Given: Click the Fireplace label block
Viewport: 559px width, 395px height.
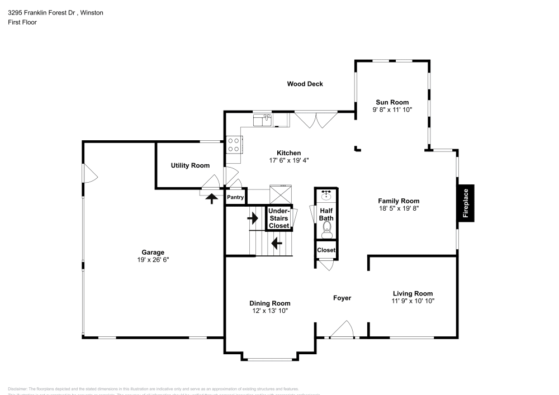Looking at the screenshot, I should click(466, 203).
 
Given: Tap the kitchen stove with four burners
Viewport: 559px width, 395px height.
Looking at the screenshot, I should click(234, 145).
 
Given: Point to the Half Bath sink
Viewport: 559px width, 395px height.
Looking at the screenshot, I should click(326, 196).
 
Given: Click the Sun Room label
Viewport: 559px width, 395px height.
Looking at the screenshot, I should click(391, 102).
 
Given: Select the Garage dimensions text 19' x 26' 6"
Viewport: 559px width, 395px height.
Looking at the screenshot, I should click(153, 259).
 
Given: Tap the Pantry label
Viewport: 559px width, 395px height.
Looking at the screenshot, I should click(235, 197).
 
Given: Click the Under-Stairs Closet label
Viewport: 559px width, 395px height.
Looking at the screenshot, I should click(278, 218).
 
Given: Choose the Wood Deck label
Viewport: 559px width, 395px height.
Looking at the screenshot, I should click(305, 84).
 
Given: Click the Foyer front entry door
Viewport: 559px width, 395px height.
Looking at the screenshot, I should click(342, 330).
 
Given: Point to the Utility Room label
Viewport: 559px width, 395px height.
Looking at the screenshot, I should click(190, 165).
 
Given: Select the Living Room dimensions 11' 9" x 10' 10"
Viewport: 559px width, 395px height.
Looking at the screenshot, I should click(413, 301).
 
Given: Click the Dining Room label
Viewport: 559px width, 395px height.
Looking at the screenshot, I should click(269, 303).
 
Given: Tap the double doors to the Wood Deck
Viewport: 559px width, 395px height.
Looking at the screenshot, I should click(316, 120).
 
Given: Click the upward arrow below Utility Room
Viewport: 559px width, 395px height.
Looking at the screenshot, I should click(212, 198).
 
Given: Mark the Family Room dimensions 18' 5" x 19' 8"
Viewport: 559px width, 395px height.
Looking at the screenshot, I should click(398, 209).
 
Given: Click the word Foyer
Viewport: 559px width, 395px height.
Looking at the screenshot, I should click(342, 298).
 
